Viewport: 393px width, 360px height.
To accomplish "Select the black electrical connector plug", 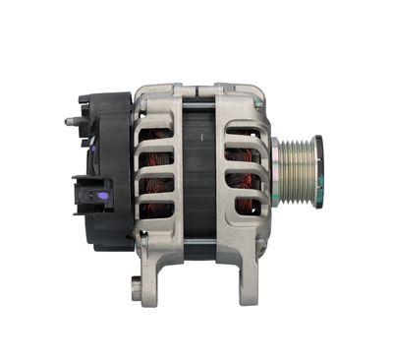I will (x=90, y=196).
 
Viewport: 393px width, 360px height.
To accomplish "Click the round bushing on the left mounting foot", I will (x=136, y=289).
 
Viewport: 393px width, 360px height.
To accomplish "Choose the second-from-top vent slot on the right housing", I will (x=240, y=154).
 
